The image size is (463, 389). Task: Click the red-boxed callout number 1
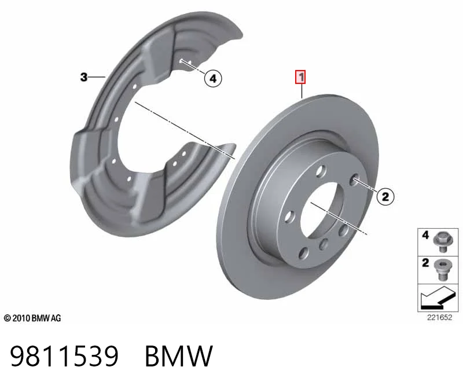[x=301, y=77]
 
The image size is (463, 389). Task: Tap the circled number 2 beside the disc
[x=385, y=196]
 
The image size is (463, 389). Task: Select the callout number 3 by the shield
[x=84, y=77]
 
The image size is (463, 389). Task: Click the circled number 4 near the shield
[x=213, y=79]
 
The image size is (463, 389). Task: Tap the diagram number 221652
[x=439, y=318]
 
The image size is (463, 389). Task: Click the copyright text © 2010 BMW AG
[x=32, y=318]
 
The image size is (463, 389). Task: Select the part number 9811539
[x=64, y=357]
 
